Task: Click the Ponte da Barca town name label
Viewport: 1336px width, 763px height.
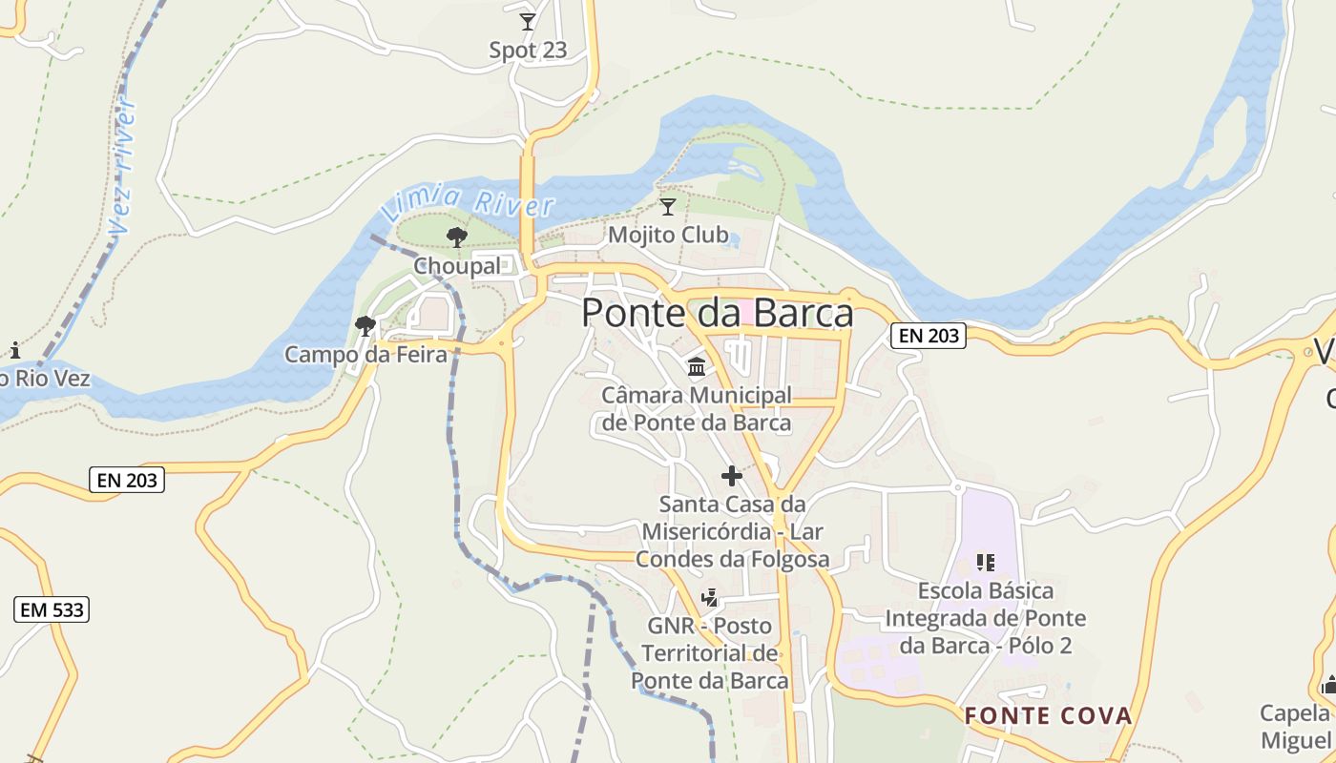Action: pos(717,314)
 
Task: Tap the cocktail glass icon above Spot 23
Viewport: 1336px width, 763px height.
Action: pos(527,21)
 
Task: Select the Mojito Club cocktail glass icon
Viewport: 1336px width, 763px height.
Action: pos(668,206)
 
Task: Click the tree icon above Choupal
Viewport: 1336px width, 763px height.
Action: pos(457,237)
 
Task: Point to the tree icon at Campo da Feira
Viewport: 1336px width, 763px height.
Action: pos(365,326)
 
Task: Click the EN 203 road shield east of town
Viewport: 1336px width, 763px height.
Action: pos(928,335)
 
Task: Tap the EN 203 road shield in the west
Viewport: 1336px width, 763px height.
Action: pos(129,480)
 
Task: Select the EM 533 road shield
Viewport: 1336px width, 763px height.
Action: pos(52,609)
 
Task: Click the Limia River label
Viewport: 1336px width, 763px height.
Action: pos(468,203)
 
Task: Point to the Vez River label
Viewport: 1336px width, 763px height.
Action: pos(122,167)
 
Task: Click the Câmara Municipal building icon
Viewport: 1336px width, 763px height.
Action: pos(697,366)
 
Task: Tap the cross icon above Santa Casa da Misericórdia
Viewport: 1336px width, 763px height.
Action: pos(732,475)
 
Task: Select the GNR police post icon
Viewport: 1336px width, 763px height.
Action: pos(709,598)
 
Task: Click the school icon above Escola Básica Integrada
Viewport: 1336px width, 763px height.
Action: pos(985,563)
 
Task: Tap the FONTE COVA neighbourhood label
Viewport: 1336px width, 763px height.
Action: pos(1047,715)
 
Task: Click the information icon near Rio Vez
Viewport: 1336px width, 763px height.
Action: pos(14,350)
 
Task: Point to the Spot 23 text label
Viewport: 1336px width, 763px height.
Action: pos(528,51)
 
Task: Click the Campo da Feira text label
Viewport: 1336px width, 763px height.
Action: pos(365,355)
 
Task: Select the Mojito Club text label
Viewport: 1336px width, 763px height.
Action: pos(668,235)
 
